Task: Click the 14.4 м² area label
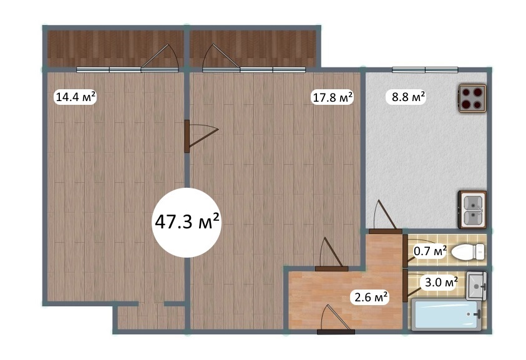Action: [x=75, y=97]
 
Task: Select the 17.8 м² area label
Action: [x=333, y=97]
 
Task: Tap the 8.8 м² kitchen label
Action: [x=408, y=97]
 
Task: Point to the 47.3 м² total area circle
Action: [x=187, y=223]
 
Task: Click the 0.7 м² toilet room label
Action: [x=430, y=251]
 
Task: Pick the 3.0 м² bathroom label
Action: [x=441, y=283]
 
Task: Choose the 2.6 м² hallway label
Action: [x=370, y=296]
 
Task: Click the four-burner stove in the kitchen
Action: [x=472, y=98]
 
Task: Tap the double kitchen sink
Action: [x=472, y=210]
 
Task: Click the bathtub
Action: [x=447, y=314]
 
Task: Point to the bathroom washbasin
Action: [x=476, y=286]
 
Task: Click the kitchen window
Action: [x=425, y=70]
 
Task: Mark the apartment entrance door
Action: [x=336, y=319]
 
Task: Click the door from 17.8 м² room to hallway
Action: [x=331, y=254]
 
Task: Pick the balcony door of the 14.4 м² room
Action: [x=160, y=58]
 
